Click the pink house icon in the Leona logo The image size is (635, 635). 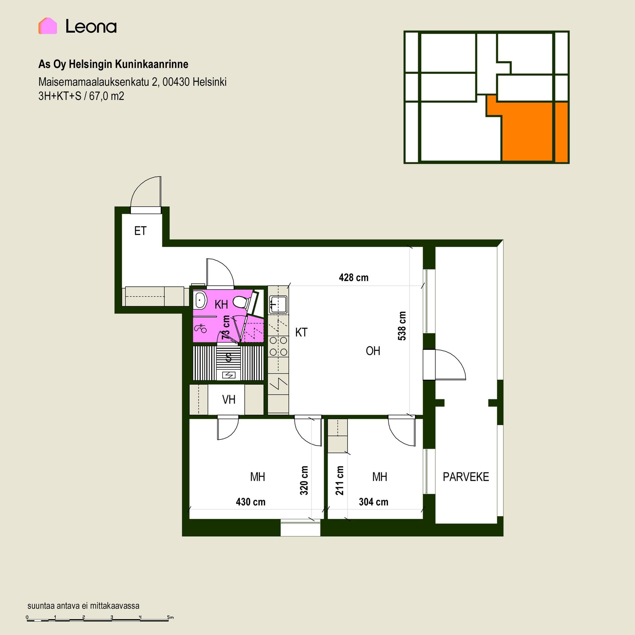click(48, 26)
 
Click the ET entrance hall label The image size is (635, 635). click(140, 231)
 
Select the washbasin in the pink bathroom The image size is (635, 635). click(200, 301)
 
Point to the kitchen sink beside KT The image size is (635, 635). click(278, 304)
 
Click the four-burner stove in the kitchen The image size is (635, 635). click(278, 346)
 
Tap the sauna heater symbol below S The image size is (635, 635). click(229, 375)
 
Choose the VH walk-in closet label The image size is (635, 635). click(229, 400)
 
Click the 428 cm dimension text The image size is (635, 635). click(354, 277)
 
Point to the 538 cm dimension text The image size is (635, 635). click(402, 326)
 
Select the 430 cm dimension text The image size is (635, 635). click(250, 502)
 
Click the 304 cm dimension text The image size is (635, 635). click(373, 502)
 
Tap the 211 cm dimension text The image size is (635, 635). click(339, 481)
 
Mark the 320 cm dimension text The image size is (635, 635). click(304, 481)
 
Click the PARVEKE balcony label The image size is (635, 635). click(466, 477)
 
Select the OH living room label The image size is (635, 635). click(373, 351)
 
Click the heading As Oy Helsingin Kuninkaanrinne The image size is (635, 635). click(113, 64)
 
